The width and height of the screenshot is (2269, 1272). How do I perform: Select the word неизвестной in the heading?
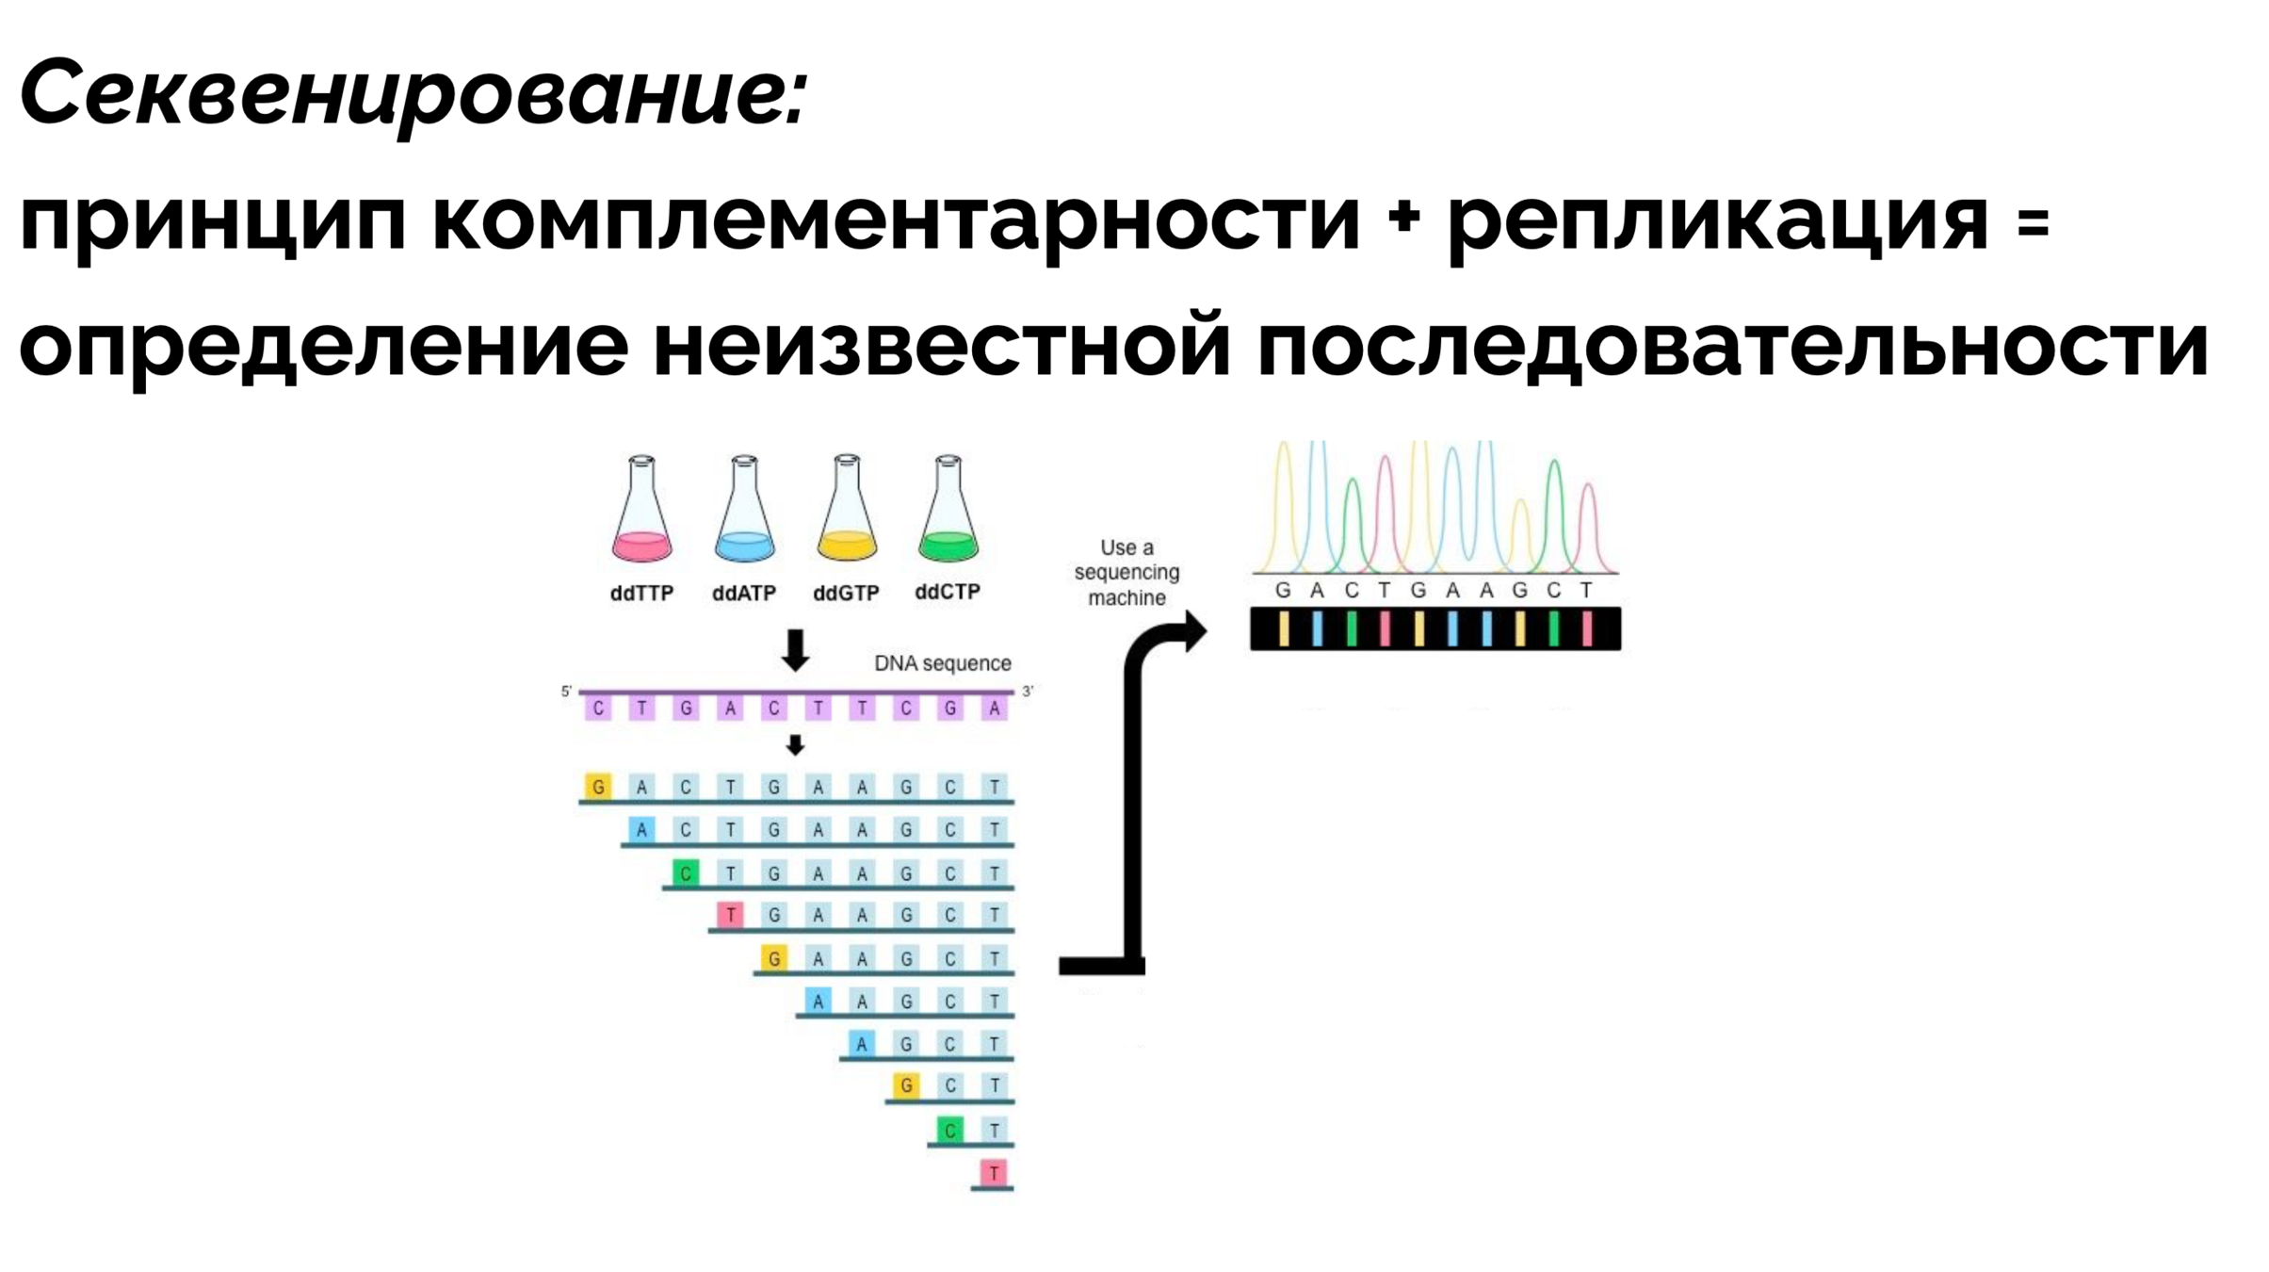pyautogui.click(x=942, y=347)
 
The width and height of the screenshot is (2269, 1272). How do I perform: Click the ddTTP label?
pyautogui.click(x=641, y=594)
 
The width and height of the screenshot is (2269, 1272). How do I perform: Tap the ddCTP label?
pyautogui.click(x=948, y=592)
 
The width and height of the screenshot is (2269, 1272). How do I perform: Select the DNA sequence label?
pyautogui.click(x=942, y=663)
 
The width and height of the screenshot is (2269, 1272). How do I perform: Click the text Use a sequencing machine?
pyautogui.click(x=1126, y=573)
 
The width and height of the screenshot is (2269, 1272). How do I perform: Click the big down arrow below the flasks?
pyautogui.click(x=796, y=650)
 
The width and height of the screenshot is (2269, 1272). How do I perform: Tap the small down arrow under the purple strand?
pyautogui.click(x=796, y=745)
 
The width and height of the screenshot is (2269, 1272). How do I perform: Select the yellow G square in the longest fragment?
pyautogui.click(x=598, y=786)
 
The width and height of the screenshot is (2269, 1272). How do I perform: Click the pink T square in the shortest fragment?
pyautogui.click(x=994, y=1173)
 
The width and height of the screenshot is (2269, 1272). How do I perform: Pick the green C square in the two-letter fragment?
pyautogui.click(x=949, y=1130)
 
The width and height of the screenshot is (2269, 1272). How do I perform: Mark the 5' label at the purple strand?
pyautogui.click(x=566, y=692)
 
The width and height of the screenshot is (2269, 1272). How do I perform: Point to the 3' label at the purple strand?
pyautogui.click(x=1028, y=692)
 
